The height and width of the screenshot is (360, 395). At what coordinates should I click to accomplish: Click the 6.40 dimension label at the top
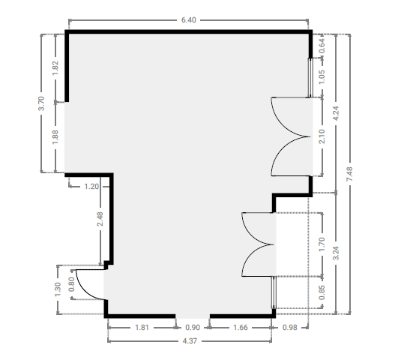(x=189, y=20)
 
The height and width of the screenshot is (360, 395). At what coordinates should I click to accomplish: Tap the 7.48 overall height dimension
(x=350, y=174)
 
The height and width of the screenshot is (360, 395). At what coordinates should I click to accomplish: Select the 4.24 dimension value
(x=336, y=113)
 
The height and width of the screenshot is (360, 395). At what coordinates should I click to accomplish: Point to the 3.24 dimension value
(x=336, y=253)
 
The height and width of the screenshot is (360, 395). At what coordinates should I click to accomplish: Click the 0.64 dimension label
(x=322, y=46)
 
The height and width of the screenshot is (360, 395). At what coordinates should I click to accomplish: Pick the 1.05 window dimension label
(x=322, y=76)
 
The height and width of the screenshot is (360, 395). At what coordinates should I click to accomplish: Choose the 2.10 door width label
(x=322, y=136)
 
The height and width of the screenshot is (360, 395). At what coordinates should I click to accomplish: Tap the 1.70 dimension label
(x=322, y=244)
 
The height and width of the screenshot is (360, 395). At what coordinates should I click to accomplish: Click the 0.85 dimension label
(x=322, y=292)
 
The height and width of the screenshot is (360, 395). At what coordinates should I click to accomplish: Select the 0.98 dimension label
(x=290, y=328)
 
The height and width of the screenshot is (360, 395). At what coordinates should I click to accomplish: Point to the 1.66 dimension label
(x=241, y=328)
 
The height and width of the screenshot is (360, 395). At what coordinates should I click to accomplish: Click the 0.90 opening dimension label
(x=193, y=328)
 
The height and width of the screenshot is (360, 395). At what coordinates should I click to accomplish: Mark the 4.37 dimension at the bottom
(x=190, y=341)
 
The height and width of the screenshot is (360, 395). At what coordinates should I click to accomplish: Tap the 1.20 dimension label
(x=91, y=187)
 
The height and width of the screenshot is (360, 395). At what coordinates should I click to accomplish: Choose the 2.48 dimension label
(x=100, y=219)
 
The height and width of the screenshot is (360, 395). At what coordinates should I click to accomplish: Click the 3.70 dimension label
(x=41, y=103)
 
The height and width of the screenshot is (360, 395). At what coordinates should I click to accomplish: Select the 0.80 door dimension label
(x=71, y=284)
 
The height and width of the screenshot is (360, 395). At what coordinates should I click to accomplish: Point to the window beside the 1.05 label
(x=310, y=78)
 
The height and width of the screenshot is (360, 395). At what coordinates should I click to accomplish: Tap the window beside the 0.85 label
(x=274, y=292)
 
